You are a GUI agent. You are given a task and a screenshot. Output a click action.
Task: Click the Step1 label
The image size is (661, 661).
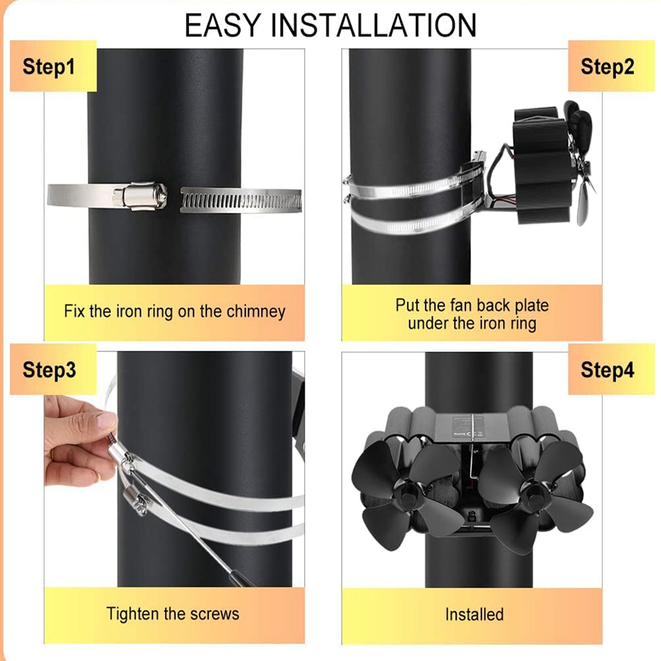(48, 67)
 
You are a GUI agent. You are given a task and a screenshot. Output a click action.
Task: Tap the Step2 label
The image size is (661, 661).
(607, 67)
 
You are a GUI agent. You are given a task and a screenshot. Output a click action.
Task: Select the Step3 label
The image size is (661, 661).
(50, 370)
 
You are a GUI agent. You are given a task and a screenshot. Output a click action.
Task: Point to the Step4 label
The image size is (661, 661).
(607, 370)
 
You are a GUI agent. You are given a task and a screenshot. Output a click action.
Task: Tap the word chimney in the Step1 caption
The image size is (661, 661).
(255, 312)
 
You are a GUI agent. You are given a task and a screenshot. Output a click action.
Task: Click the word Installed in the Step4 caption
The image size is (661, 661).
(474, 615)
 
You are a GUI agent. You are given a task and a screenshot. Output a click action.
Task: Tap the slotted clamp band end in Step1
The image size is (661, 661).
(241, 200)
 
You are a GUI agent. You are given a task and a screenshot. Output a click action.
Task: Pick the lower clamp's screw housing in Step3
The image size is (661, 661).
(136, 501)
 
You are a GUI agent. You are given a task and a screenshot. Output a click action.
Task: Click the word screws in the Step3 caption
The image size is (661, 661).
(215, 614)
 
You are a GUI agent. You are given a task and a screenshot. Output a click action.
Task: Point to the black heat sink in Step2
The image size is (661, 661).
(542, 165)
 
